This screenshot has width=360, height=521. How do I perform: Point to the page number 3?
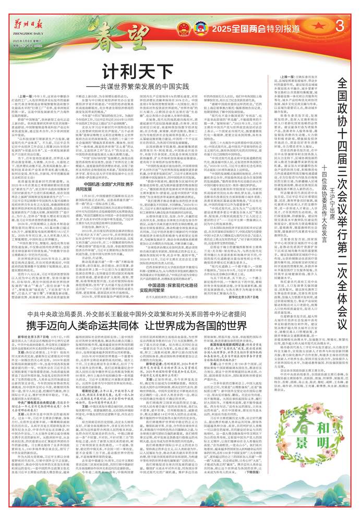click(340, 26)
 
